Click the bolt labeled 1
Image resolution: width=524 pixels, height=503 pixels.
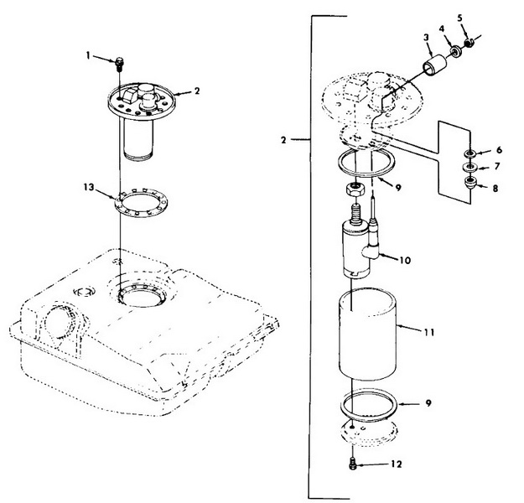tap(119, 63)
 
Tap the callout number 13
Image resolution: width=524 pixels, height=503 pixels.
tap(89, 187)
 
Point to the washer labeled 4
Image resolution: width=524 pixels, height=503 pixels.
tap(455, 53)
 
